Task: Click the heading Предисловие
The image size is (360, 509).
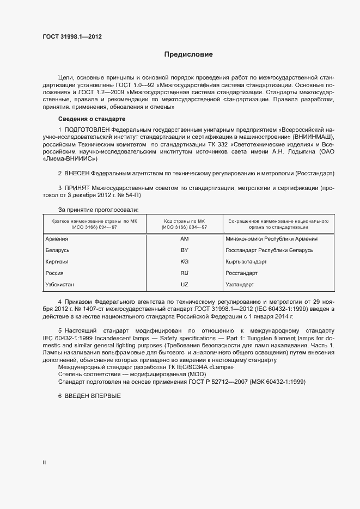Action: [188, 54]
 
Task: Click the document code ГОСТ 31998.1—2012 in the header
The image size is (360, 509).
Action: [72, 37]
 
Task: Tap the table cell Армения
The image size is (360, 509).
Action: [57, 239]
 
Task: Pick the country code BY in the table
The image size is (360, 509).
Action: [184, 250]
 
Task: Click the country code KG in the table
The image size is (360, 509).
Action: [184, 262]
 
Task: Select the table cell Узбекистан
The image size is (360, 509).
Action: [60, 285]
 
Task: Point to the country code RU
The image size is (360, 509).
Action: [184, 273]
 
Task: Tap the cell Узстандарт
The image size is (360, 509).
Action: [240, 285]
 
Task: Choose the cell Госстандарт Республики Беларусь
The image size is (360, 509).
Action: [269, 250]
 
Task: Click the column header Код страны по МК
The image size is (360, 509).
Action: [184, 222]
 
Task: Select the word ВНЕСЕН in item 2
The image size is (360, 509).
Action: [77, 173]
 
